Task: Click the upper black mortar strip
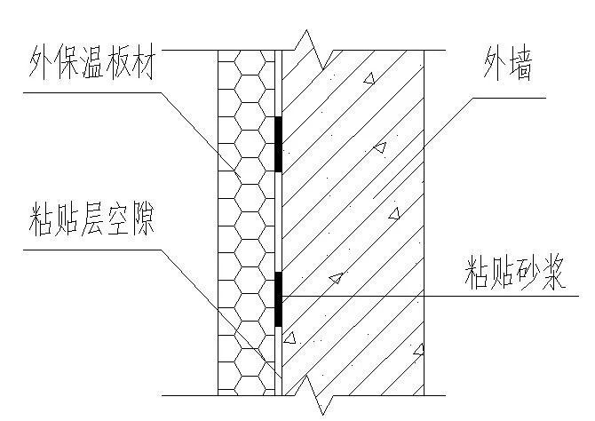coord(278,143)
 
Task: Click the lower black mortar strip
coord(278,298)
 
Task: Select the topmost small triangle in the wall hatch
coord(369,79)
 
